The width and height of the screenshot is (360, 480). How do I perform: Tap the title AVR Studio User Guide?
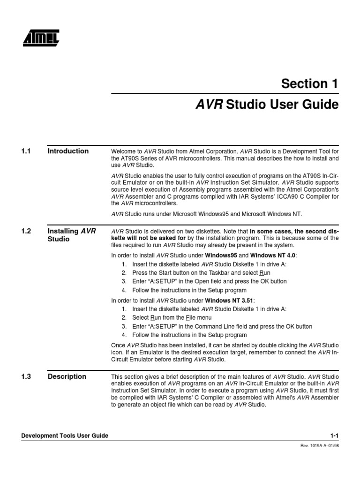[266, 105]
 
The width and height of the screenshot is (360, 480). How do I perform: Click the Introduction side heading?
[68, 151]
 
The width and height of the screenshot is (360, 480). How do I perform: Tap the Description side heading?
[67, 376]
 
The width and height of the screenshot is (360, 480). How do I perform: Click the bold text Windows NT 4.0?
[273, 255]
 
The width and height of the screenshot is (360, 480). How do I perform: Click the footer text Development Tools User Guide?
[65, 436]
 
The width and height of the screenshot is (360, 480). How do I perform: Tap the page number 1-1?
[333, 436]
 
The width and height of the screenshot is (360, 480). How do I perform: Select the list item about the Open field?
[209, 281]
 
